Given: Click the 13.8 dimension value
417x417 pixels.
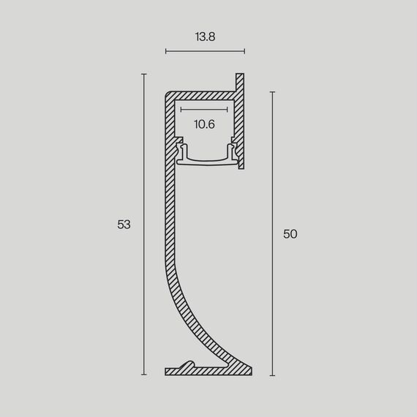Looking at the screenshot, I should click(x=204, y=34).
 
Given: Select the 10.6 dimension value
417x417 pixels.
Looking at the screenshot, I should click(x=204, y=124).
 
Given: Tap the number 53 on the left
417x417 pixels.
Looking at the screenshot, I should click(x=124, y=225).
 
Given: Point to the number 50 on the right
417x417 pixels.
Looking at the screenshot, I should click(x=290, y=234).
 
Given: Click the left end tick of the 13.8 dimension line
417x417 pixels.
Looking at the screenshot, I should click(x=166, y=51).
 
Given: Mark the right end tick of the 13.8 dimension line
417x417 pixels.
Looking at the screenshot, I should click(x=244, y=51).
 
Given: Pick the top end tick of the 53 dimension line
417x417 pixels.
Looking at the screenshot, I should click(x=144, y=74).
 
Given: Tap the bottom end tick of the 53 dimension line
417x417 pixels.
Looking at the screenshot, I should click(x=144, y=375).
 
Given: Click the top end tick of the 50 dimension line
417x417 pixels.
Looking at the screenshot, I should click(x=272, y=92).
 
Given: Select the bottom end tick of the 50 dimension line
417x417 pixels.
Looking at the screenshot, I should click(x=272, y=375).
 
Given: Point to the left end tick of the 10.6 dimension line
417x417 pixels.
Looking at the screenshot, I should click(x=180, y=110).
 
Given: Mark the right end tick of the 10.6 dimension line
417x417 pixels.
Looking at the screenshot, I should click(x=228, y=110).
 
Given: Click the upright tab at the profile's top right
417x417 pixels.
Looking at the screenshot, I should click(x=238, y=83).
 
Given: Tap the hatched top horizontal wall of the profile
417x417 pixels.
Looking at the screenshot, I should click(x=201, y=96).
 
